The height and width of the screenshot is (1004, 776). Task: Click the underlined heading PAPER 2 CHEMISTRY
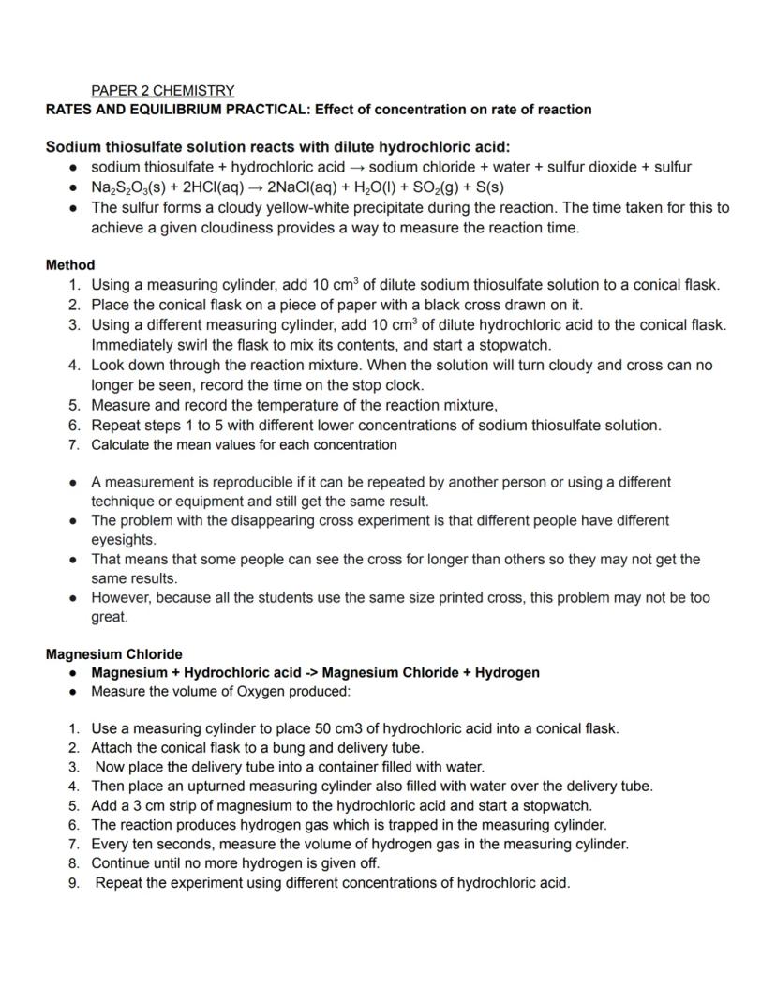point(162,91)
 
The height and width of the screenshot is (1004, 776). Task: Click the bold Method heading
point(69,265)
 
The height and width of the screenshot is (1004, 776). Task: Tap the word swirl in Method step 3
point(186,345)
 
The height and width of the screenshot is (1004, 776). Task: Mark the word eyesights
point(123,541)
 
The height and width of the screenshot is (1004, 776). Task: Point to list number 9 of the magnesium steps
point(73,883)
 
